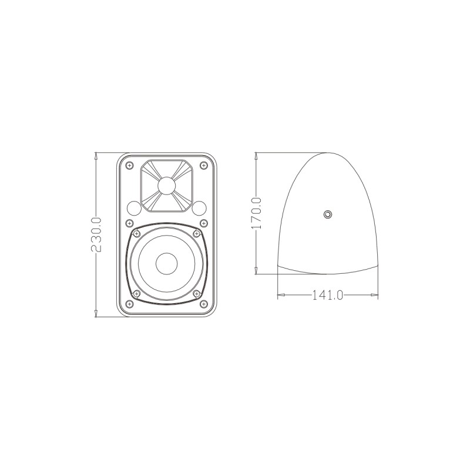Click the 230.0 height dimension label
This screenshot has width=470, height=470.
(x=97, y=235)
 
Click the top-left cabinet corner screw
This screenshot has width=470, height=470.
(x=129, y=166)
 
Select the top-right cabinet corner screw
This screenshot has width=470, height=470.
(x=203, y=166)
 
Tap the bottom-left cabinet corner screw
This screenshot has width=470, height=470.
(x=129, y=304)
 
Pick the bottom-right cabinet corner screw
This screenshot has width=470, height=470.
(x=203, y=304)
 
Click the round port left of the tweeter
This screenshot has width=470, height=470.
(x=133, y=207)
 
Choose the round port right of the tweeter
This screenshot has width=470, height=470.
(x=199, y=207)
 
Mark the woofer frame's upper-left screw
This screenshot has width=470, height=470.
(x=136, y=233)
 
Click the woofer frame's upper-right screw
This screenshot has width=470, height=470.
(x=196, y=233)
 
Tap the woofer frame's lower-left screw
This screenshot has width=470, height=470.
(x=136, y=293)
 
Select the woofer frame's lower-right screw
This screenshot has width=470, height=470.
(x=196, y=293)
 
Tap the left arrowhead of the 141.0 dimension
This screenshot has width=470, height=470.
(x=280, y=294)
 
